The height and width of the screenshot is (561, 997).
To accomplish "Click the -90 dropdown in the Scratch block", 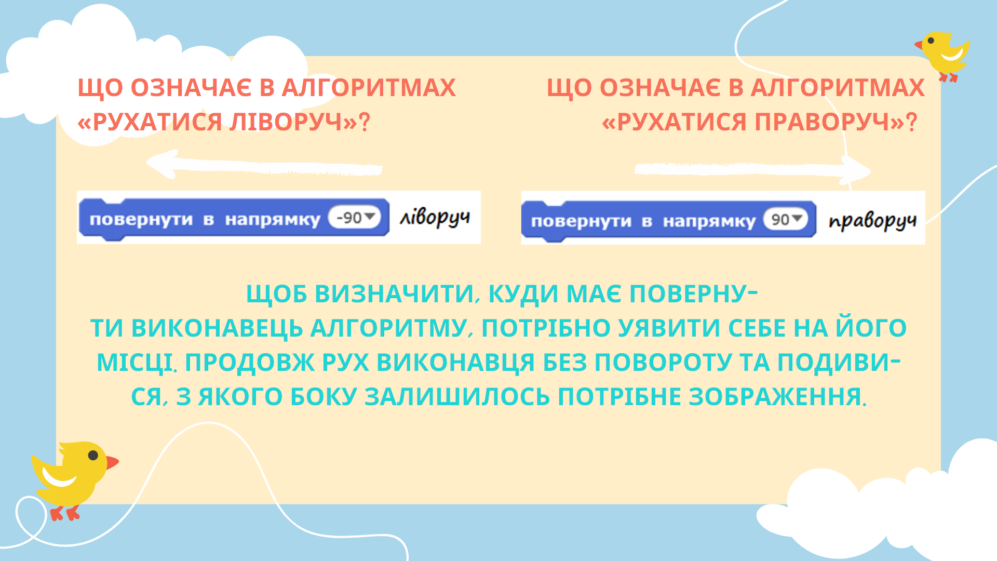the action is pyautogui.click(x=355, y=217).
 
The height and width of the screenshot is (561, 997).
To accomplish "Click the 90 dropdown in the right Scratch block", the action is pyautogui.click(x=786, y=219).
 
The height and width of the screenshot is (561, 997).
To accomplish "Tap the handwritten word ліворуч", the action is pyautogui.click(x=435, y=218).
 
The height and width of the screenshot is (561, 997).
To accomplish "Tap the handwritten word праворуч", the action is pyautogui.click(x=872, y=221).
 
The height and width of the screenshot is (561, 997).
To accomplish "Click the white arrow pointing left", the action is pyautogui.click(x=264, y=165).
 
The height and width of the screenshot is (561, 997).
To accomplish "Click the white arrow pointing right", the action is pyautogui.click(x=752, y=169).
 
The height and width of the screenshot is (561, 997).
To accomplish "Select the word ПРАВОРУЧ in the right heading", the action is pyautogui.click(x=823, y=122).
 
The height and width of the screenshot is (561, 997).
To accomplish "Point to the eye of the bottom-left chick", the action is pyautogui.click(x=93, y=456).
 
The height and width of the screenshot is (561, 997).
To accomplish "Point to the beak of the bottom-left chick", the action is pyautogui.click(x=112, y=462).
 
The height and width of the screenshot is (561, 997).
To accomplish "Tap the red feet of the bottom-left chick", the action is pyautogui.click(x=65, y=513).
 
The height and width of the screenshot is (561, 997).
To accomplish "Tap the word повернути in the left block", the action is pyautogui.click(x=141, y=220).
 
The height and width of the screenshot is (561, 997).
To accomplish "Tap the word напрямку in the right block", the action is pyautogui.click(x=709, y=222).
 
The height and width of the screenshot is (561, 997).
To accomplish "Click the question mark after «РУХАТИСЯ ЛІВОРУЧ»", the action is pyautogui.click(x=365, y=122).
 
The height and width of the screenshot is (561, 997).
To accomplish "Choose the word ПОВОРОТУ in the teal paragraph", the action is pyautogui.click(x=663, y=363).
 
